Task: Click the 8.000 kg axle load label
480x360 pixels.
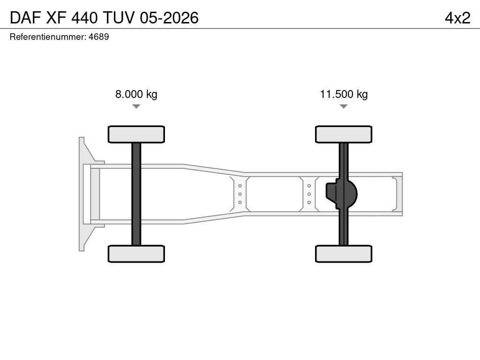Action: pos(136,94)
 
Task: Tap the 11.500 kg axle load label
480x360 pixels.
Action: pos(344,94)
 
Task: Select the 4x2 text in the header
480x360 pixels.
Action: pos(457,18)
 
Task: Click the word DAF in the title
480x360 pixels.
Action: pos(25,18)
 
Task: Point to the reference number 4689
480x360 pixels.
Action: pos(98,37)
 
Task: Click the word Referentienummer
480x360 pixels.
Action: pos(48,37)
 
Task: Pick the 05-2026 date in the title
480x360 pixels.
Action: pos(169,18)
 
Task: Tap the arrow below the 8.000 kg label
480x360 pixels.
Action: pos(136,106)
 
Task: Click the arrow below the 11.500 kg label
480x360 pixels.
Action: pos(344,106)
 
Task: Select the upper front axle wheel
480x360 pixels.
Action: pos(136,134)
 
